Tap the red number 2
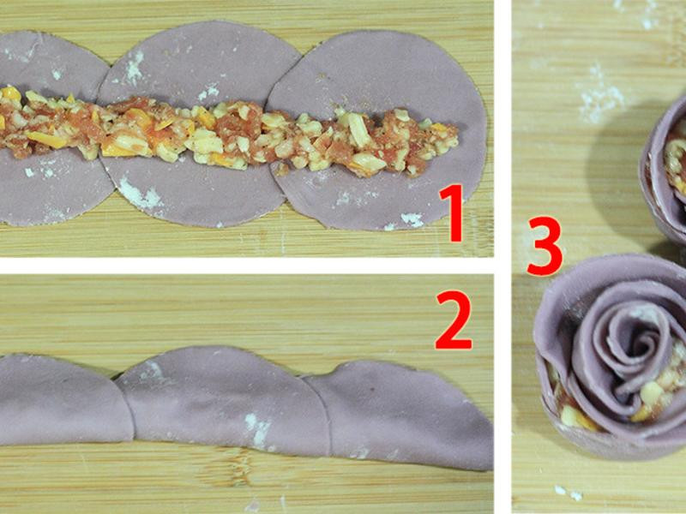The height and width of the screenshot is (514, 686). pyautogui.click(x=454, y=320)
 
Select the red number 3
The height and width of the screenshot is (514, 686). pyautogui.click(x=545, y=246)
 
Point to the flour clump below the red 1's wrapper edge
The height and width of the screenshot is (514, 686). pyautogui.click(x=412, y=219)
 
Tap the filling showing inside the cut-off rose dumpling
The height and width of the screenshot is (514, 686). pyautogui.click(x=676, y=166)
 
